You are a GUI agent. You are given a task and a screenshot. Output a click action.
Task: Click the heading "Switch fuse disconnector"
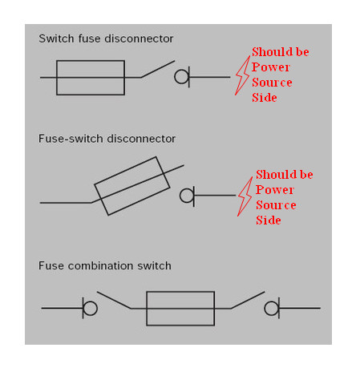[x=106, y=38]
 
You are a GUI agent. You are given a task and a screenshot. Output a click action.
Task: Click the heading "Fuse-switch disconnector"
[x=107, y=139]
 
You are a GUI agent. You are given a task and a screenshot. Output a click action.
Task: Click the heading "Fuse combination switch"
[x=105, y=265]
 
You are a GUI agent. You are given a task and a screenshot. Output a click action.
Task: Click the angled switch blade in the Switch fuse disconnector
[x=158, y=69]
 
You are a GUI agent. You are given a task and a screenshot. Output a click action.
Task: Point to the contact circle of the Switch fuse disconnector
[x=181, y=77]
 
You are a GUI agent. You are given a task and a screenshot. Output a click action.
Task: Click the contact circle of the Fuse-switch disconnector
[x=186, y=196]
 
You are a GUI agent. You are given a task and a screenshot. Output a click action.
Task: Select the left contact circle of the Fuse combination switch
[x=90, y=308]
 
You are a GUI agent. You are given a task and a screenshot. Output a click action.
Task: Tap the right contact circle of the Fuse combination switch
[x=271, y=308]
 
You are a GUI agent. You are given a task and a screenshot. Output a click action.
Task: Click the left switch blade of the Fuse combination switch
[x=114, y=300]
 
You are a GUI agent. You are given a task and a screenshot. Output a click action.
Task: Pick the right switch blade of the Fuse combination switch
[x=248, y=300]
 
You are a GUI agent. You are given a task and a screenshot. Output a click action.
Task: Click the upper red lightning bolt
[x=242, y=75]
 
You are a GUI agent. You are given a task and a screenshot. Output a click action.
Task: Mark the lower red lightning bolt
[x=245, y=196]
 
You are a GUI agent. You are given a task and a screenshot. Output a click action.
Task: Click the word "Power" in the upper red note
[x=271, y=67]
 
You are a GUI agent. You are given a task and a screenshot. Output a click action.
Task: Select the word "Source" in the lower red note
[x=276, y=205]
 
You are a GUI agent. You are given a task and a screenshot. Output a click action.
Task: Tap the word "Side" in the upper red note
[x=265, y=98]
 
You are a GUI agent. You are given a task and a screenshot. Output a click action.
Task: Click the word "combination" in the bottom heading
[x=100, y=265]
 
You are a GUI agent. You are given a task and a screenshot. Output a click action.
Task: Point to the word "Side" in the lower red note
[x=269, y=220]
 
